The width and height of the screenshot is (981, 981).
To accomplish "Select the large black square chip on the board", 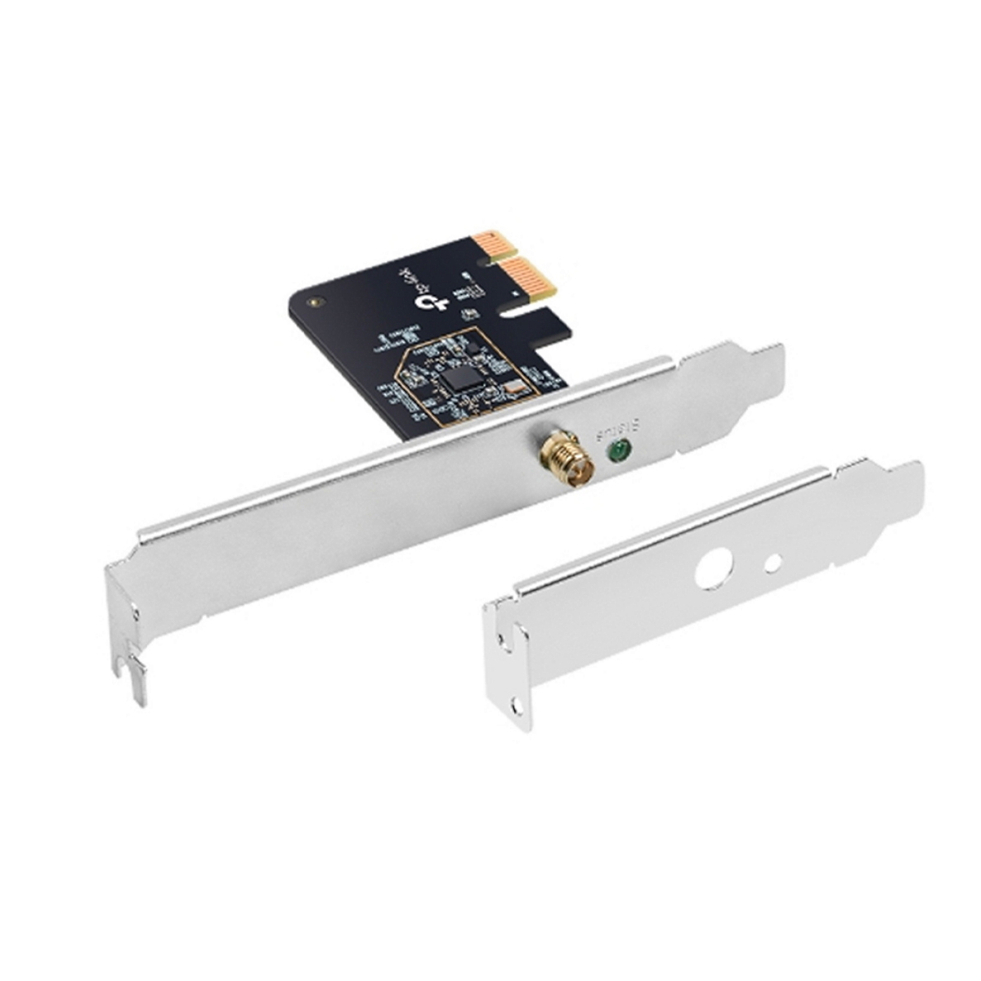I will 462,375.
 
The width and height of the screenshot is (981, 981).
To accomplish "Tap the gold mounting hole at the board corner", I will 314,302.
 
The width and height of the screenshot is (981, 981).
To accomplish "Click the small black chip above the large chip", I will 474,348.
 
